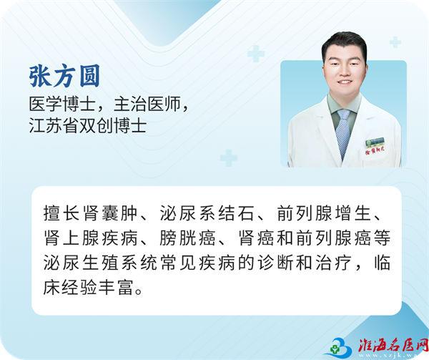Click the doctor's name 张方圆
coord(64,76)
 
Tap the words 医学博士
coord(62,104)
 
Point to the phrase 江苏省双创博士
coord(88,126)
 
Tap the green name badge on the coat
coord(375,142)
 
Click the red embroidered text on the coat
coord(375,152)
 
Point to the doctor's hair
coord(344,44)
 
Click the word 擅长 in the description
coord(61,213)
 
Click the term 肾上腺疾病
coord(90,238)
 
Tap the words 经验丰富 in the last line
coord(100,288)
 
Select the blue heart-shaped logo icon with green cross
coord(340,347)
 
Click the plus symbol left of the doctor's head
coord(256,54)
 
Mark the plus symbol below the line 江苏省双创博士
coord(229,158)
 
